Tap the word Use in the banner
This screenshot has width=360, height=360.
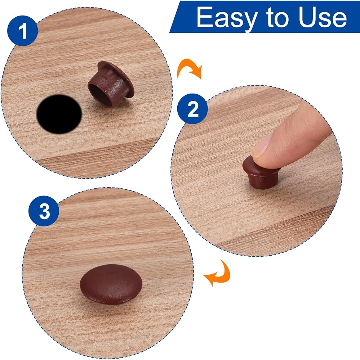(323, 17)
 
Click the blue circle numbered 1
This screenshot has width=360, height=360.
(23, 31)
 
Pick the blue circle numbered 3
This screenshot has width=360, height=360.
(44, 211)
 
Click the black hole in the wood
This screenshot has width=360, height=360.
(59, 114)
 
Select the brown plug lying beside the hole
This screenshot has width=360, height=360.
(111, 84)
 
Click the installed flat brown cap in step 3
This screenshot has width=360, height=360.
(111, 284)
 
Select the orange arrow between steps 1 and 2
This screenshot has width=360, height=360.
(189, 69)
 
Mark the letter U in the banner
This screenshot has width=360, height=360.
(308, 17)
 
